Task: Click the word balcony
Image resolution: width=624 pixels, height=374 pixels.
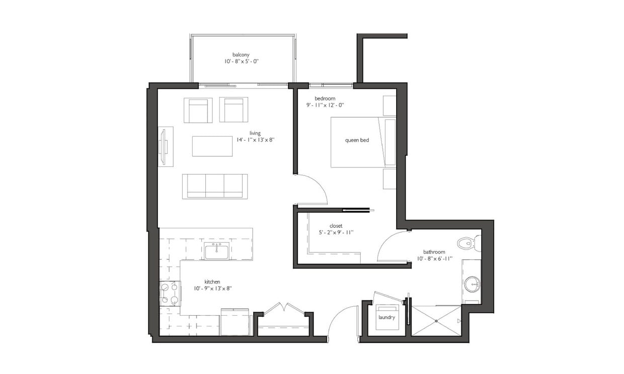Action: pyautogui.click(x=241, y=54)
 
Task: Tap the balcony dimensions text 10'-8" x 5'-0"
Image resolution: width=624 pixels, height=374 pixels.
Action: pyautogui.click(x=242, y=61)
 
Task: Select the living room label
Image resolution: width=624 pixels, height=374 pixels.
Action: pyautogui.click(x=255, y=133)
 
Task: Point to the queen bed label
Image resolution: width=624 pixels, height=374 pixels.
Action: pyautogui.click(x=357, y=140)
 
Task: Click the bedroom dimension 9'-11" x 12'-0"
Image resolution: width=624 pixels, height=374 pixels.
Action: pyautogui.click(x=325, y=106)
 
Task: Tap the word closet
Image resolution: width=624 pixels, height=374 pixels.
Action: pyautogui.click(x=336, y=226)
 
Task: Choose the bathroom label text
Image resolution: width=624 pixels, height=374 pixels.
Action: pyautogui.click(x=434, y=252)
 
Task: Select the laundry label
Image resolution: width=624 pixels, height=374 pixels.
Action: pyautogui.click(x=387, y=318)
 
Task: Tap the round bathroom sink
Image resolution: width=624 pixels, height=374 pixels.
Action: pyautogui.click(x=472, y=285)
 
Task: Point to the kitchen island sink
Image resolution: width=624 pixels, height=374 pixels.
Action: pyautogui.click(x=217, y=251)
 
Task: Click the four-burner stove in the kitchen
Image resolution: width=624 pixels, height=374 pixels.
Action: pyautogui.click(x=170, y=294)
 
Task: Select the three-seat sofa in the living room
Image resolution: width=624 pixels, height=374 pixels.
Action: pyautogui.click(x=215, y=186)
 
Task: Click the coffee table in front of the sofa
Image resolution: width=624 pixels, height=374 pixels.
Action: pyautogui.click(x=212, y=146)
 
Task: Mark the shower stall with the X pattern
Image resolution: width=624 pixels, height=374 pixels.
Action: pyautogui.click(x=436, y=320)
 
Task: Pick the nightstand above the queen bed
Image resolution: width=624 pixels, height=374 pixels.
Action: pyautogui.click(x=389, y=106)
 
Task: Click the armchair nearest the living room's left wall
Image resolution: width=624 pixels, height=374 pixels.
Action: pyautogui.click(x=198, y=110)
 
